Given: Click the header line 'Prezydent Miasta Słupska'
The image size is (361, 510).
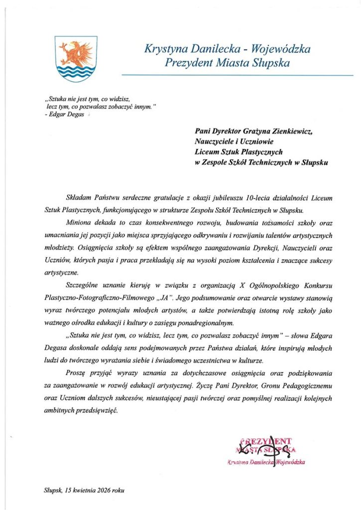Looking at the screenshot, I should coord(227,63).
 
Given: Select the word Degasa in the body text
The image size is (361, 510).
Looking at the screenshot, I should coord(55,348).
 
